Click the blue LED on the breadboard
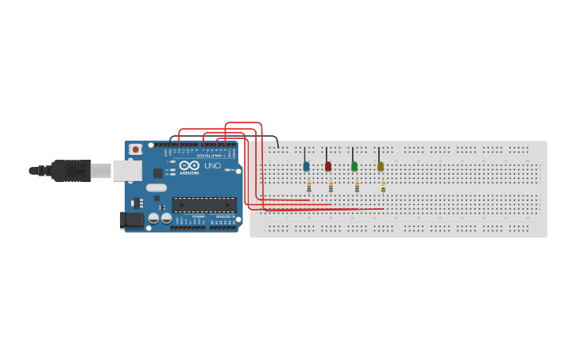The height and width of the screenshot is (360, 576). click(x=306, y=166)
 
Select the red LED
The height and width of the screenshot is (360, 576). click(x=328, y=166)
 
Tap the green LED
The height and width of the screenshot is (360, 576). click(x=354, y=166)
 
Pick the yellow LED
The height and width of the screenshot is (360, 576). click(x=381, y=166)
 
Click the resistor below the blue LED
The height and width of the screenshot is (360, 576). click(x=309, y=187)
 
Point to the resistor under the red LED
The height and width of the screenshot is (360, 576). click(x=331, y=187)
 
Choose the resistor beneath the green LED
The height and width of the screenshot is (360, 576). click(x=357, y=187)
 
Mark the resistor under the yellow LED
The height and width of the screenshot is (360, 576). click(x=383, y=187)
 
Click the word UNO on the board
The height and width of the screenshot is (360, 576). click(x=212, y=166)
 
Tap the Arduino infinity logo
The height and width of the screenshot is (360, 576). click(x=189, y=166)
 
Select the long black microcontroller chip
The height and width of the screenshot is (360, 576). click(x=204, y=204)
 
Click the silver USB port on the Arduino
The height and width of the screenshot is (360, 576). click(x=127, y=170)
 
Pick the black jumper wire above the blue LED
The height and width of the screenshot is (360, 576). click(x=304, y=153)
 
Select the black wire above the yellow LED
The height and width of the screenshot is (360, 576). click(x=379, y=153)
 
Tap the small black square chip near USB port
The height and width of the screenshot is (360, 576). click(x=158, y=173)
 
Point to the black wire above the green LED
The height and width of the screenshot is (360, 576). click(x=353, y=153)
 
